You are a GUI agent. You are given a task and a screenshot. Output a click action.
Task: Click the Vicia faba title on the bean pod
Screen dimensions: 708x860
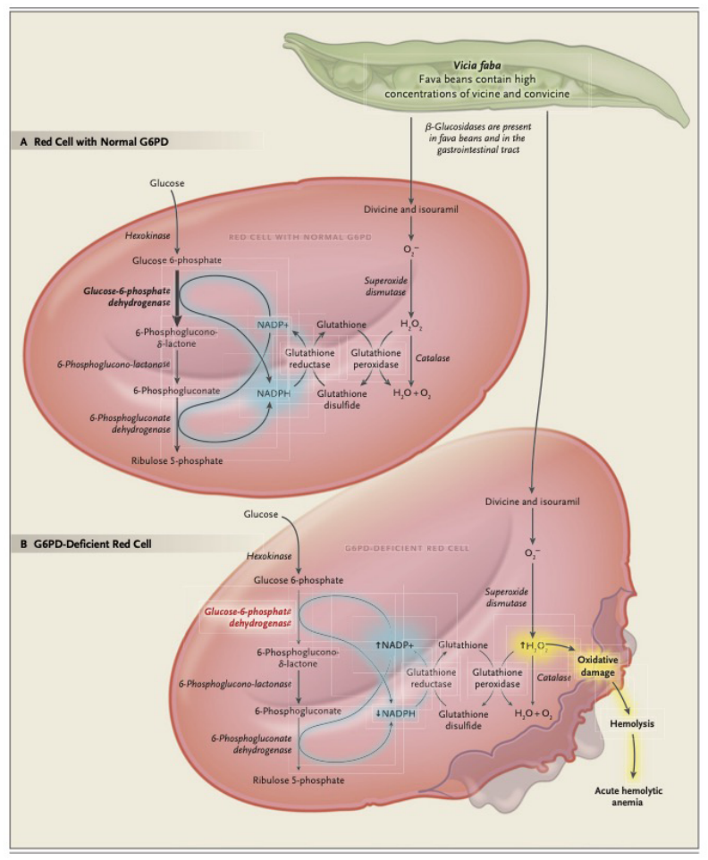click(476, 66)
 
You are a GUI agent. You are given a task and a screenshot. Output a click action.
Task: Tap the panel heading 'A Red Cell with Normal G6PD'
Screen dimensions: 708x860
click(95, 142)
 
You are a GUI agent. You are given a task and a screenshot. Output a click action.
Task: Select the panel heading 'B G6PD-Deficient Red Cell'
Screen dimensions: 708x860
click(86, 544)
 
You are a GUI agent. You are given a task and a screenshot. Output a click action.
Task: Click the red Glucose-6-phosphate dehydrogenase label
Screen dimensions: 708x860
click(248, 617)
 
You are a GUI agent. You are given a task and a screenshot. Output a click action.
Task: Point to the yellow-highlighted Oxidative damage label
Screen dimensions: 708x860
click(597, 666)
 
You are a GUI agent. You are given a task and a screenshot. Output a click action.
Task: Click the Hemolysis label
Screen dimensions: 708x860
click(632, 723)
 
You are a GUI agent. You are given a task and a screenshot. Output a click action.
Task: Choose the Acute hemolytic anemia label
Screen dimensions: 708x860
click(628, 797)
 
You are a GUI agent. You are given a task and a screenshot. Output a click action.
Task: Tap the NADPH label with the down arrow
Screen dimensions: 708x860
click(395, 713)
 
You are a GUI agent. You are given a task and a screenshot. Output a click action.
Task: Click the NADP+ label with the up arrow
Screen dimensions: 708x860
click(394, 645)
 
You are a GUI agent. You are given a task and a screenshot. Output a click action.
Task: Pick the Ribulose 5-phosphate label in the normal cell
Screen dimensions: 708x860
click(177, 460)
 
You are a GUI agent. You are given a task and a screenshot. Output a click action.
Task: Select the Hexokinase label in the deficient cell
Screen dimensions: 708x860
click(269, 555)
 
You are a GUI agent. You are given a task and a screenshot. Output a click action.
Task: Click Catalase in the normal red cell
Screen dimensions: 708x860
click(432, 358)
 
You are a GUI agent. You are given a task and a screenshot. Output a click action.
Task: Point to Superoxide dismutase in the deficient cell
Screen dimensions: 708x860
click(506, 597)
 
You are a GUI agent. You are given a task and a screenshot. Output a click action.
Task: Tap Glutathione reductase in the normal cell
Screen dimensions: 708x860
click(310, 358)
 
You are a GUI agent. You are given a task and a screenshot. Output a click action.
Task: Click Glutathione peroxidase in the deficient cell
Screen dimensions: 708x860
click(497, 678)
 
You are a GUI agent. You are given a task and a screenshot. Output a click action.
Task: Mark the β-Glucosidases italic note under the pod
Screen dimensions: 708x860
click(478, 138)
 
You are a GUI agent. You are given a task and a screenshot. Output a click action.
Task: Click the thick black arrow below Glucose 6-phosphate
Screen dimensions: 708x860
click(177, 299)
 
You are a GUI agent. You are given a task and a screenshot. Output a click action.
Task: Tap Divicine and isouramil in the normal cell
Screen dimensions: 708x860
click(410, 209)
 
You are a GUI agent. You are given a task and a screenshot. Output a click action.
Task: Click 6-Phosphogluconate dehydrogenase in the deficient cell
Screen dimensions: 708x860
click(252, 745)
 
